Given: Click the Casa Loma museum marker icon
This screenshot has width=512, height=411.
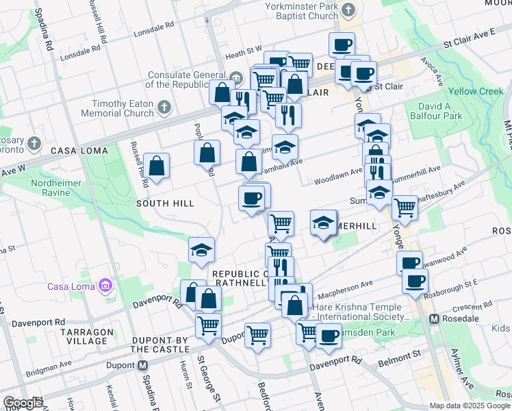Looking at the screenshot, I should click(x=105, y=284).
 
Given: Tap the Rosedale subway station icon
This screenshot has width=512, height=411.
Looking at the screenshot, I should click(x=433, y=319).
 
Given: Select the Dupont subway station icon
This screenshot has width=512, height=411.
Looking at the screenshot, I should click(x=142, y=365).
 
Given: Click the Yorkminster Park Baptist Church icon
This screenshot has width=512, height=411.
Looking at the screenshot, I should click(x=348, y=10).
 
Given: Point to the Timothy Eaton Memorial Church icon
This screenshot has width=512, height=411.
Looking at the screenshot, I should click(x=164, y=107).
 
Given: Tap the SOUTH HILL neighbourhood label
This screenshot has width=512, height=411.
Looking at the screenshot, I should click(x=165, y=203).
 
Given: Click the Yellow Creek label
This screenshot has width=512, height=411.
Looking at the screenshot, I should click(x=476, y=91).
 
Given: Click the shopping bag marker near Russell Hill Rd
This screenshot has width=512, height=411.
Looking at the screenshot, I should click(x=157, y=165).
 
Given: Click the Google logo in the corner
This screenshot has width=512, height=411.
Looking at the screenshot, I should click(x=23, y=403).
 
